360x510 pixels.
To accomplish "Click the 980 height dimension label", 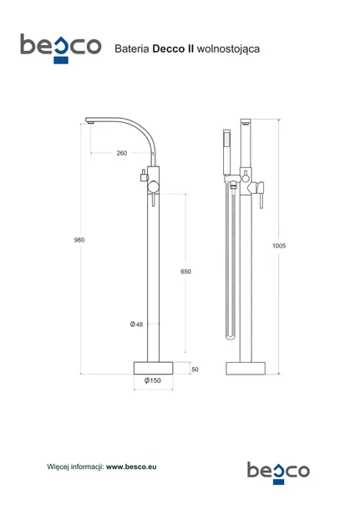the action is [x=79, y=240].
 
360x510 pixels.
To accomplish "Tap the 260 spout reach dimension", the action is [x=122, y=153].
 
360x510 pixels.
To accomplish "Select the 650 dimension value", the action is [x=186, y=271].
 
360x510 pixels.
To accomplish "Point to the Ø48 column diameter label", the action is [x=136, y=324].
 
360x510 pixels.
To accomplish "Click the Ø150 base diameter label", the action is [x=153, y=380].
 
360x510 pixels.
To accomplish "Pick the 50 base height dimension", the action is [x=195, y=370].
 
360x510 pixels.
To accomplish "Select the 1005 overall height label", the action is [x=279, y=246].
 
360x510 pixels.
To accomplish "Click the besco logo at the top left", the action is [x=61, y=48].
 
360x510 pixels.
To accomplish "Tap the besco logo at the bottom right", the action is [x=278, y=473].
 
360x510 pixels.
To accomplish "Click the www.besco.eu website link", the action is [x=131, y=467].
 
